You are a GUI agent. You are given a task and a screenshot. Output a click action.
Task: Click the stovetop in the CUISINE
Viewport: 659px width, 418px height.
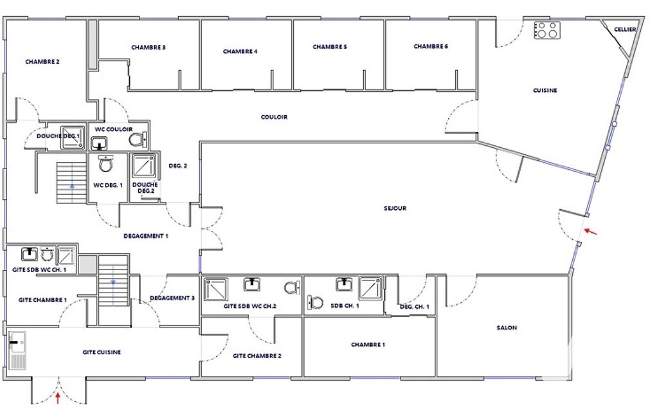546,30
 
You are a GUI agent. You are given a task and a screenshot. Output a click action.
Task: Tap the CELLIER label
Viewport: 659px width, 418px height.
624,30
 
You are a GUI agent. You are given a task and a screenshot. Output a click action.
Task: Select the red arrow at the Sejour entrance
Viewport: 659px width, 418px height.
590,232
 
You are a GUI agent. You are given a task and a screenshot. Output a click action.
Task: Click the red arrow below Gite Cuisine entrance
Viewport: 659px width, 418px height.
58,398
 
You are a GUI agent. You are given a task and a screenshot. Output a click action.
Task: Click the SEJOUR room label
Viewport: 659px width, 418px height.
395,208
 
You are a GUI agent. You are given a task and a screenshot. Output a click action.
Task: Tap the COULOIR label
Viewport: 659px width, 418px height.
274,117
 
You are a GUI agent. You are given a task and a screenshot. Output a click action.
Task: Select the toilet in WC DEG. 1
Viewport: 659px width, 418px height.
105,163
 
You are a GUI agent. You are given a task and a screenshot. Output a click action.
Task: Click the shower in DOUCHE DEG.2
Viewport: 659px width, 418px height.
144,166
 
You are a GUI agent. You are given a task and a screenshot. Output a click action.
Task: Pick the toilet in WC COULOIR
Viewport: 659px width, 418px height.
138,139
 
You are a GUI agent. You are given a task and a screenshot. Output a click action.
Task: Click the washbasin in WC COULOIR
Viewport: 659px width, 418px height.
99,143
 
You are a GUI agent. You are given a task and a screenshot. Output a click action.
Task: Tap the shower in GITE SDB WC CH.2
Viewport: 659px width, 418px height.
216,289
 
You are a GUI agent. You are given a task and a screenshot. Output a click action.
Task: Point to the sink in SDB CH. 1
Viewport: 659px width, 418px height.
344,284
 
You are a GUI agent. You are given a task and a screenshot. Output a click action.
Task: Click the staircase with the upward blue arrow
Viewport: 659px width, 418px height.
71,183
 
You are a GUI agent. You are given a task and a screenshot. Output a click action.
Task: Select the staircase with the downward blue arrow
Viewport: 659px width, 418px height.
113,280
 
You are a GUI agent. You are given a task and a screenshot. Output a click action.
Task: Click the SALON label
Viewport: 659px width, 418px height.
507,327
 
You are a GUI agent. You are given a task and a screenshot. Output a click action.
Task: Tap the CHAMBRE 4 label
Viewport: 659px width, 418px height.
240,51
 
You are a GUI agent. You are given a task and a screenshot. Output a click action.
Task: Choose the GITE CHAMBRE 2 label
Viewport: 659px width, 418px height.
257,356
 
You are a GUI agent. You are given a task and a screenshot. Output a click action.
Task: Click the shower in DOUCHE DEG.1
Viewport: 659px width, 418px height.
72,138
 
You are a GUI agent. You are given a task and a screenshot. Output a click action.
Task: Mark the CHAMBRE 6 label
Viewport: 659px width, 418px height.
431,46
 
